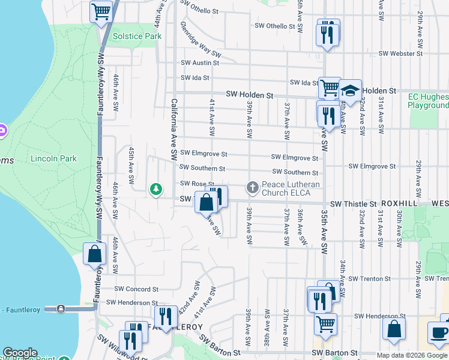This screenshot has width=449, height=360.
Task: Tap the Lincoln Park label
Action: [53, 159]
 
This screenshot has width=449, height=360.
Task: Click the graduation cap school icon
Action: [350, 91]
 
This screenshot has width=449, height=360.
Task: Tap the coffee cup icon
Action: [439, 334]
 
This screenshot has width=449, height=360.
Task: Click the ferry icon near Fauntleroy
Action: [61, 308]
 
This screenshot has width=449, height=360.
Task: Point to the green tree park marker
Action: [156, 190]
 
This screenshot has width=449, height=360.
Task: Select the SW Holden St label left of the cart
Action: [250, 95]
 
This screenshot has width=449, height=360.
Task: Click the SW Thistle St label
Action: [352, 204]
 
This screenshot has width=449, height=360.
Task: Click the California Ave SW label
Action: [174, 128]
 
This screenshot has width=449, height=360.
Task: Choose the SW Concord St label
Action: [136, 289]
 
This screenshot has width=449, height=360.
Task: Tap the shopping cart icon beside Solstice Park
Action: [101, 11]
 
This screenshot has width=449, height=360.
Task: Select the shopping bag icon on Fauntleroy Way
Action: [95, 254]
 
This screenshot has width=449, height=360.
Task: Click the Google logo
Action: [20, 353]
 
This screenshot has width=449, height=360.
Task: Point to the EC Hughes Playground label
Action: [428, 101]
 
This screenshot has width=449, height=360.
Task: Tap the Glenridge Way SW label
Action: [200, 40]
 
